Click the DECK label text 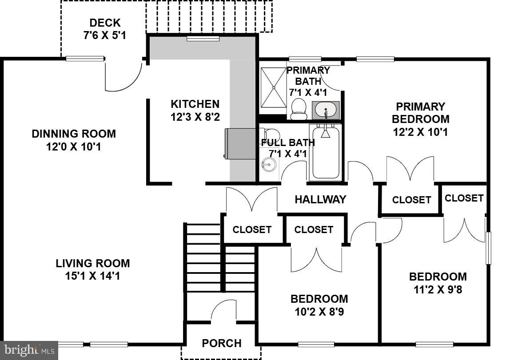[x=105, y=23]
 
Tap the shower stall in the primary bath [x=273, y=87]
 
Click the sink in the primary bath [x=326, y=110]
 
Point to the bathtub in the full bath [x=325, y=153]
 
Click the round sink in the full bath [x=268, y=166]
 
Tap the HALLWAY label [x=320, y=200]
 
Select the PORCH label [x=222, y=343]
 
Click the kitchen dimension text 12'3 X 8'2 [x=195, y=117]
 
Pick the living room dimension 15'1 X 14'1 [x=93, y=276]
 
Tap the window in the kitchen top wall [x=203, y=39]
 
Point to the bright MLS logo [x=29, y=350]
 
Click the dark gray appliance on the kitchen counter [x=240, y=143]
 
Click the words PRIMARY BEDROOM [x=420, y=113]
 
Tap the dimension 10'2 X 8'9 [x=319, y=312]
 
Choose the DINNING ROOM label [x=74, y=134]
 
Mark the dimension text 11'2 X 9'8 [x=438, y=289]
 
